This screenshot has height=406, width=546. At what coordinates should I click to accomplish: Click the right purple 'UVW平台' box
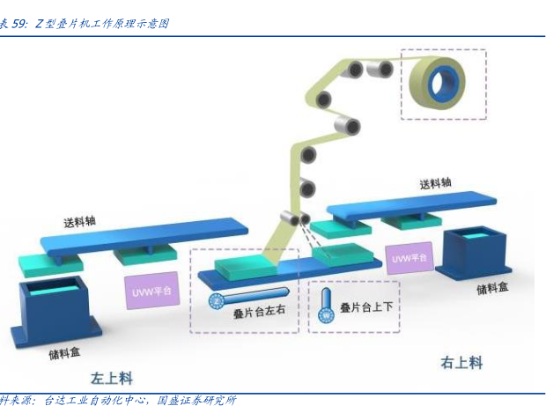[409, 258]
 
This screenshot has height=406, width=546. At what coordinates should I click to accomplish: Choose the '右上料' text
[461, 362]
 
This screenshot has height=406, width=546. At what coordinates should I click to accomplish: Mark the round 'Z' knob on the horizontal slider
[215, 300]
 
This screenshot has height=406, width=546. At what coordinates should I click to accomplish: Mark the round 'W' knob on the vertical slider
[326, 314]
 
